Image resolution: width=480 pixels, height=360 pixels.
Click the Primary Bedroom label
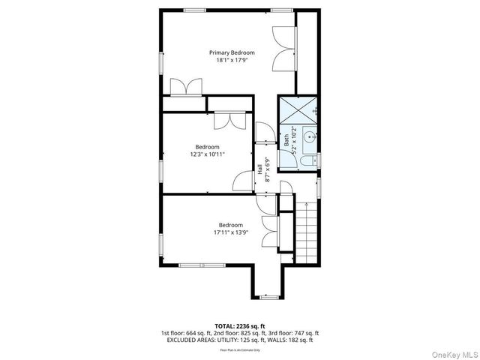pyautogui.click(x=231, y=52)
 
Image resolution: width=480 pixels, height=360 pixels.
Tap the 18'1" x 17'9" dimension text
pyautogui.click(x=231, y=60)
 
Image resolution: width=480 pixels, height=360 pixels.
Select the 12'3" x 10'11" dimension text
pyautogui.click(x=207, y=154)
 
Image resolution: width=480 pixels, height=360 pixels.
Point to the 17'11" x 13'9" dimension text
pyautogui.click(x=230, y=232)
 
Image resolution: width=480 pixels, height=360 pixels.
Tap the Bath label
pyautogui.click(x=286, y=139)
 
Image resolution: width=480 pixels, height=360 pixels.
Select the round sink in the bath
pyautogui.click(x=307, y=137)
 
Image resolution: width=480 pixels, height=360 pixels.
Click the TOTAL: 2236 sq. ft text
pyautogui.click(x=240, y=326)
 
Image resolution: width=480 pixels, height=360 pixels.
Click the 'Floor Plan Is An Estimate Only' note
pyautogui.click(x=240, y=350)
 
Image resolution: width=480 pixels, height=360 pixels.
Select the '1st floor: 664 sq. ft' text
pyautogui.click(x=186, y=333)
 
